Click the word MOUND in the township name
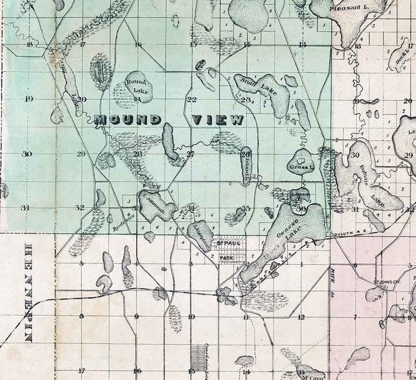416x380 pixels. [x=128, y=120]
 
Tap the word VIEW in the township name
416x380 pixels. [x=218, y=120]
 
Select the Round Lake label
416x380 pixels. [x=138, y=86]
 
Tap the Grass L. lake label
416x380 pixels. [x=300, y=167]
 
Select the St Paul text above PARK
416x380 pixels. [x=226, y=242]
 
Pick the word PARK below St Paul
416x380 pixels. [x=226, y=258]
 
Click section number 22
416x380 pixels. [x=192, y=99]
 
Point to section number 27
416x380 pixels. [x=190, y=154]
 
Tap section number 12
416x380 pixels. [x=301, y=317]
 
